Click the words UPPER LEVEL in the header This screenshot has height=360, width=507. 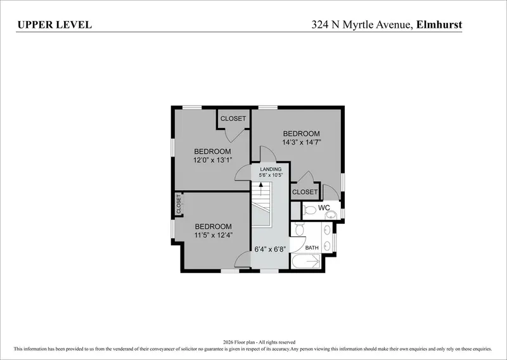(55, 25)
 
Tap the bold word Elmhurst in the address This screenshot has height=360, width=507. (439, 25)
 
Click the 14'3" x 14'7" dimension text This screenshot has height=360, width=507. (302, 142)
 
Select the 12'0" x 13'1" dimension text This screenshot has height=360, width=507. (212, 160)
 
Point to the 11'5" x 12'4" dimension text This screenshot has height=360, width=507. (214, 235)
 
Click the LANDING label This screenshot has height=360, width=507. (271, 169)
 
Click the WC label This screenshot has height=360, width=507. (324, 207)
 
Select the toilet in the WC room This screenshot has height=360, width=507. (309, 210)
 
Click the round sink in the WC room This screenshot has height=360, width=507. (331, 215)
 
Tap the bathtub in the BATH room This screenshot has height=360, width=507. (306, 261)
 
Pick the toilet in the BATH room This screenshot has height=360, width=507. (299, 229)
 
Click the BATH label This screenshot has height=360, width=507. (312, 248)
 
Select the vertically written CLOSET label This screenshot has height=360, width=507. (179, 204)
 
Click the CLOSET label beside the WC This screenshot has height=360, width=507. (305, 192)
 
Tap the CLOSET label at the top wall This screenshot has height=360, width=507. (233, 119)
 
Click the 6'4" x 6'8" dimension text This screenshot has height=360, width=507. (270, 249)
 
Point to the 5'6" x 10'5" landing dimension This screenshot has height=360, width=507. (271, 175)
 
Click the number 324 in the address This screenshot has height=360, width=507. (320, 25)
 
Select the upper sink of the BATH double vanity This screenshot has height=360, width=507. (327, 230)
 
